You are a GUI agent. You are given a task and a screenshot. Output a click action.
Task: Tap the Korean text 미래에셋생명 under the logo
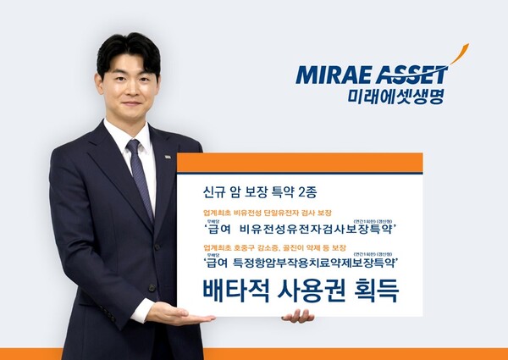(x=396, y=95)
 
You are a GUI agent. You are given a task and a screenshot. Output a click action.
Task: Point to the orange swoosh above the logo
(x=459, y=56)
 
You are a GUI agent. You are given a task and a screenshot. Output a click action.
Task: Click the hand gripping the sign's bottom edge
(x=297, y=315)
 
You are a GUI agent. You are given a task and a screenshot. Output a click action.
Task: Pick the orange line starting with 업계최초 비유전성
(x=272, y=211)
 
